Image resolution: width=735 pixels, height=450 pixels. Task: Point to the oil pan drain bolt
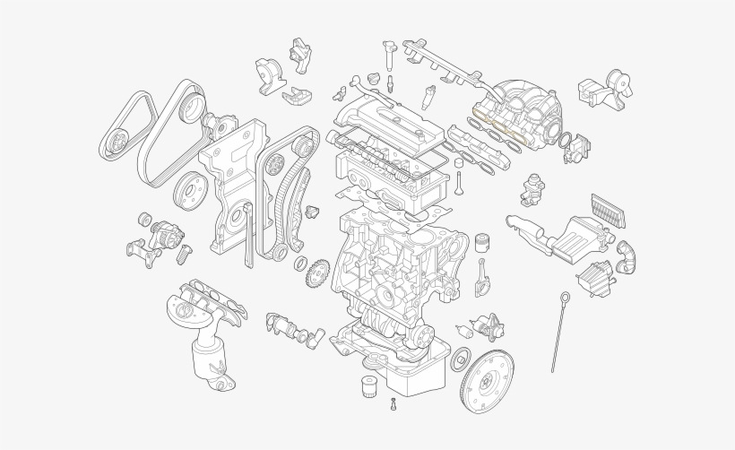[393, 404]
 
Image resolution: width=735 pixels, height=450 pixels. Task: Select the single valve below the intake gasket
[460, 184]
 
